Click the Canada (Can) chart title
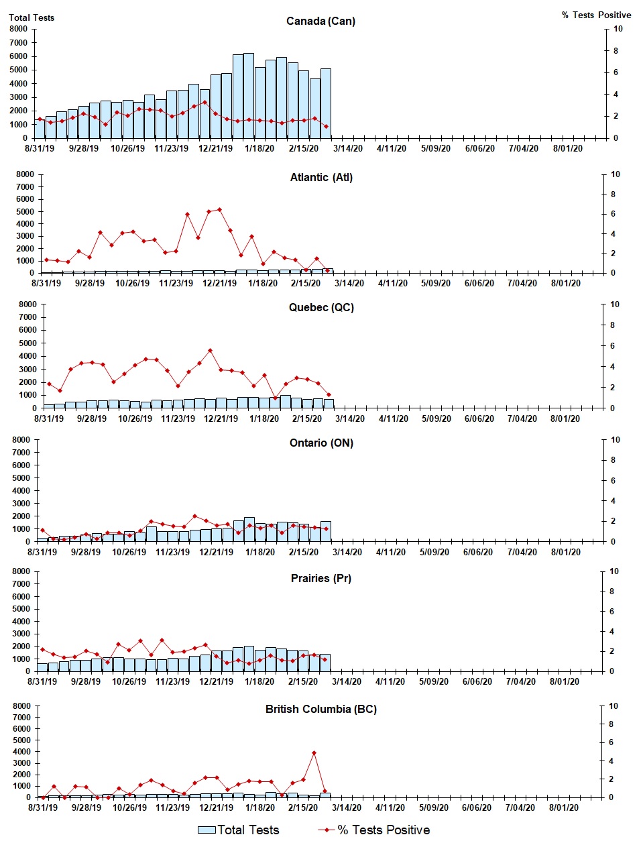(320, 21)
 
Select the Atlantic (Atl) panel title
(321, 177)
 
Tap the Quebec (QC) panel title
(321, 307)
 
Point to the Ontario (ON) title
(321, 443)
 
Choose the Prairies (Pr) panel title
(320, 578)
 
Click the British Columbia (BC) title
(320, 709)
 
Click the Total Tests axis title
(32, 17)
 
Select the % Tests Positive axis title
(596, 15)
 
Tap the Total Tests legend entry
(239, 830)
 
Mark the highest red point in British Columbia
(314, 752)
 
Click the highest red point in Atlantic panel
(219, 210)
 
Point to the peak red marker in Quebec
(210, 350)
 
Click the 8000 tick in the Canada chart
(18, 29)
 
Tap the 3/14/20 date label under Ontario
(347, 552)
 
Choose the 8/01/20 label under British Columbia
(564, 807)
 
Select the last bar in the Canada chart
(325, 103)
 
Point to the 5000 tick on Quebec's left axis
(27, 343)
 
